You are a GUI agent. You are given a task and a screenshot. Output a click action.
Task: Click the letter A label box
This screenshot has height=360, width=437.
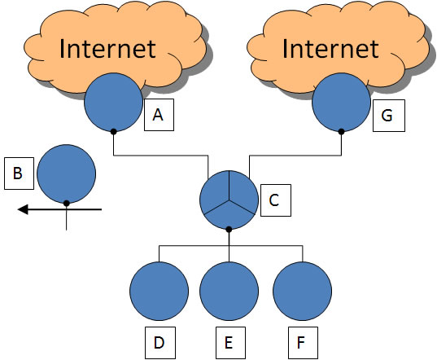(x=159, y=115)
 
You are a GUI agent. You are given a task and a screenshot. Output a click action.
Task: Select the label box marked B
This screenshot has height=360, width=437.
(x=19, y=173)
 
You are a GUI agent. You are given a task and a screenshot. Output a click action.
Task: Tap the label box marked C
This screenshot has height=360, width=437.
(x=276, y=200)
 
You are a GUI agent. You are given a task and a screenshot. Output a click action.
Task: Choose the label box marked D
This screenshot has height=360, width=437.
(x=160, y=343)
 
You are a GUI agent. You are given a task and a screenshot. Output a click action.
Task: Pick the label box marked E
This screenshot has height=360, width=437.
(x=230, y=343)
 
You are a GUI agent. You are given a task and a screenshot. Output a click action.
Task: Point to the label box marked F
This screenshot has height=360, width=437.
(x=303, y=343)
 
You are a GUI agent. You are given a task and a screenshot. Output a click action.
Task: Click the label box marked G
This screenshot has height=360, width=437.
(x=389, y=116)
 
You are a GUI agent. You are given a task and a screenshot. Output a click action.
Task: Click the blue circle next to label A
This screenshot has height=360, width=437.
(x=113, y=102)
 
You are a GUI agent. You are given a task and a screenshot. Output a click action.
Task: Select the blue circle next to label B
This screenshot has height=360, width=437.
(x=67, y=173)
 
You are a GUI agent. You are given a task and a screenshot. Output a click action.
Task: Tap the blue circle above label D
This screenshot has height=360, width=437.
(x=160, y=291)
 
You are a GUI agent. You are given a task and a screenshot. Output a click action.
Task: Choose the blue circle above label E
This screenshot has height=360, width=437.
(x=229, y=291)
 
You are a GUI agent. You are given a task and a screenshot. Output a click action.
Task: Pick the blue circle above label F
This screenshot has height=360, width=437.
(x=303, y=291)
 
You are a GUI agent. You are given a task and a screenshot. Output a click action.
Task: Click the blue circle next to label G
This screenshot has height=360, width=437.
(x=342, y=102)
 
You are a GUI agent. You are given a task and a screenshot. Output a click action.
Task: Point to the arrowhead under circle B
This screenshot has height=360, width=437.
(x=23, y=209)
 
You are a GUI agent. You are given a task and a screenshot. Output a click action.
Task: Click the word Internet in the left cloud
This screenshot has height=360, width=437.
(x=107, y=49)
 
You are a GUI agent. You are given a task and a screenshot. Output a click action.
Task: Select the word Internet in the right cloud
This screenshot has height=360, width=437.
(x=330, y=49)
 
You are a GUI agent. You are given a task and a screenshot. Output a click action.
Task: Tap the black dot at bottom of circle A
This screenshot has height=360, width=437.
(x=113, y=132)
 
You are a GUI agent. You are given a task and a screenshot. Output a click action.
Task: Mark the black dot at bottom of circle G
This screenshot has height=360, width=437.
(x=342, y=132)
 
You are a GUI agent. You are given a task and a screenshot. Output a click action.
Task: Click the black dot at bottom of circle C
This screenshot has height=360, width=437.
(x=229, y=230)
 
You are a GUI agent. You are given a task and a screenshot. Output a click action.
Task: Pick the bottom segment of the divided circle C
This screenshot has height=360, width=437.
(x=229, y=216)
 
